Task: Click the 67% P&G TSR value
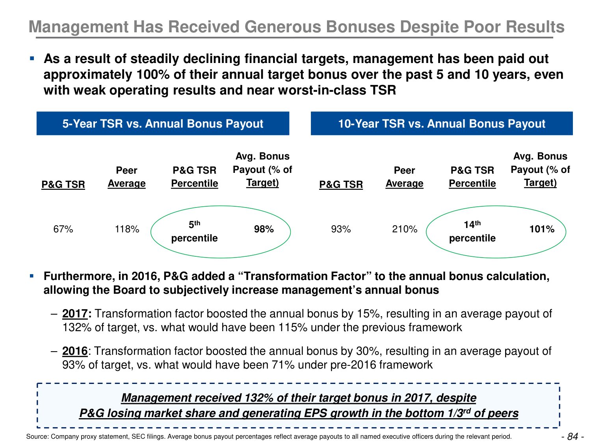click(63, 229)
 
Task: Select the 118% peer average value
click(127, 229)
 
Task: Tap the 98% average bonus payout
click(264, 229)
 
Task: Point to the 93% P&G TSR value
click(341, 229)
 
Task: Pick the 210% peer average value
click(405, 229)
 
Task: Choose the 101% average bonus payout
click(542, 229)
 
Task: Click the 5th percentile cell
click(194, 232)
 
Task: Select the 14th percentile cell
click(472, 232)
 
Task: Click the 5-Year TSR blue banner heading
click(163, 124)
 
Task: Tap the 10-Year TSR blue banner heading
click(442, 124)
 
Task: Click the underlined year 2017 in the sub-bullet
click(75, 314)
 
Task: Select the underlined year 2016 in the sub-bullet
click(75, 351)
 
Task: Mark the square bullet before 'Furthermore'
click(32, 276)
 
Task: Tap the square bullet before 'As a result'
click(32, 59)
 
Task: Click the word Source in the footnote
click(36, 436)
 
